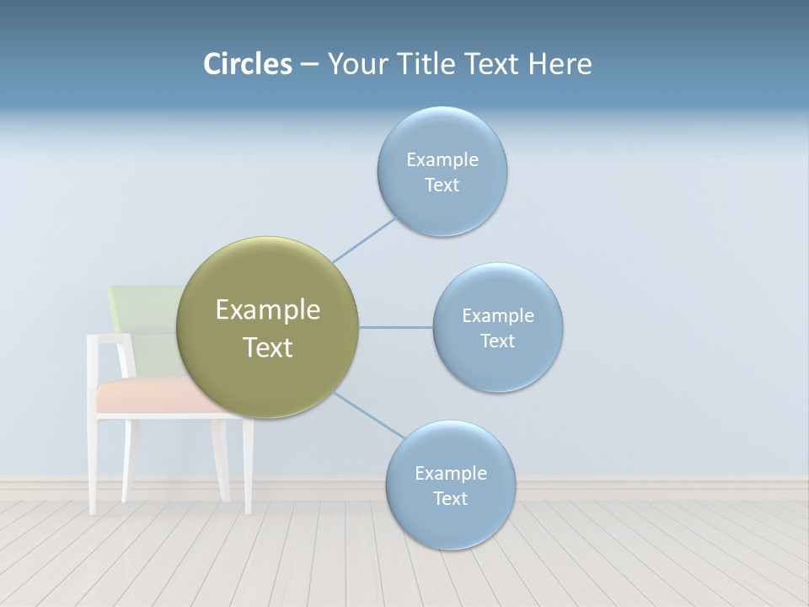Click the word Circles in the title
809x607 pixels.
pos(248,64)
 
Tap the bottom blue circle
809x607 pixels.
pos(450,523)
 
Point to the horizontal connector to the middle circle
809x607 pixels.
pos(396,327)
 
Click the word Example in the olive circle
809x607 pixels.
pos(267,310)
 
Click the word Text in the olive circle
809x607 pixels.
pos(267,347)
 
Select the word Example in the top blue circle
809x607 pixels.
pos(442,159)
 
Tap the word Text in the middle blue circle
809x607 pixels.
pos(497,341)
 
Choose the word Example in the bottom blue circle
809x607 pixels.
pos(450,473)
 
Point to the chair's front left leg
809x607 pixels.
pos(94,464)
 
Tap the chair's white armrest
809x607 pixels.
pos(110,339)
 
